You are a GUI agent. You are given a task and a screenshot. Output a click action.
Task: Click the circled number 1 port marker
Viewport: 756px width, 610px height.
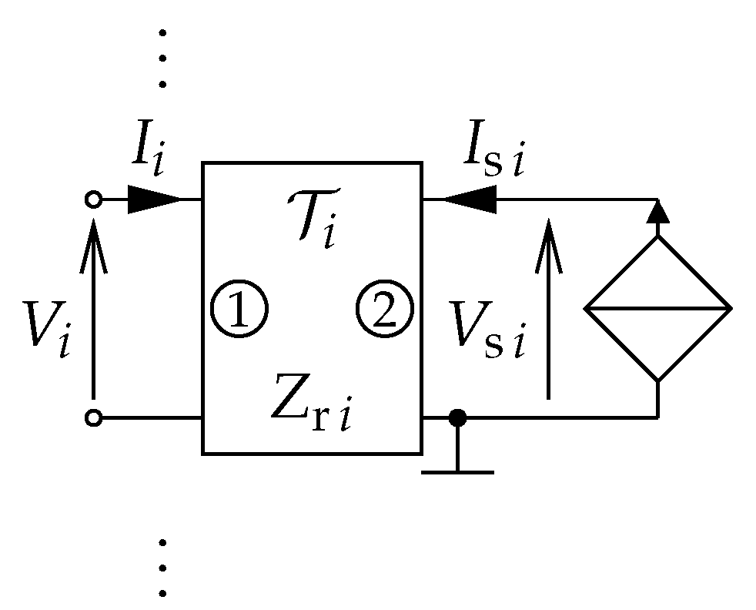tap(239, 309)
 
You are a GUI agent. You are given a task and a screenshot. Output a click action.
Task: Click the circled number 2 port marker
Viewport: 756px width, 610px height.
tap(384, 309)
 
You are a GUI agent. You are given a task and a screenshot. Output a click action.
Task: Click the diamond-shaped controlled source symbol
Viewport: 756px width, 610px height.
tap(657, 309)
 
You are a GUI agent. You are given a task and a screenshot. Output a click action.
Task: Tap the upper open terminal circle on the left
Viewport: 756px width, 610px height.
tap(93, 200)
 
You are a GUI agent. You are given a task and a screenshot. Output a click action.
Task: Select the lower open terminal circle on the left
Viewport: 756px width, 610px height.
tap(93, 418)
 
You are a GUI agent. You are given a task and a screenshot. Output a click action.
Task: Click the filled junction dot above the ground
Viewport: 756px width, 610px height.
tap(457, 418)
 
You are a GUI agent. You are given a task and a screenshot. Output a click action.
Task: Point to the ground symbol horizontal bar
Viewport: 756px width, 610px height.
tap(457, 471)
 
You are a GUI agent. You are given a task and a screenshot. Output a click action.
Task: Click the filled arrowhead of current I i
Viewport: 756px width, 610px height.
tap(153, 200)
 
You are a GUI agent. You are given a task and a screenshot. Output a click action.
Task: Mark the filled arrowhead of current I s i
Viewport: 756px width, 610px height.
tap(470, 200)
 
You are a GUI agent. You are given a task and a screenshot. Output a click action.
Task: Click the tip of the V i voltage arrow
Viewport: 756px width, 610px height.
tap(93, 223)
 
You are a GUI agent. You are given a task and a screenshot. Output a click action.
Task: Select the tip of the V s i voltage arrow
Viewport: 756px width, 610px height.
tap(548, 223)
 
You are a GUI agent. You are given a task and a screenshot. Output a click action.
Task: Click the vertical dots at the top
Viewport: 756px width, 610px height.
tap(162, 58)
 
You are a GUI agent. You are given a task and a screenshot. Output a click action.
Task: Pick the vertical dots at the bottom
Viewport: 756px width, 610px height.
tap(162, 568)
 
